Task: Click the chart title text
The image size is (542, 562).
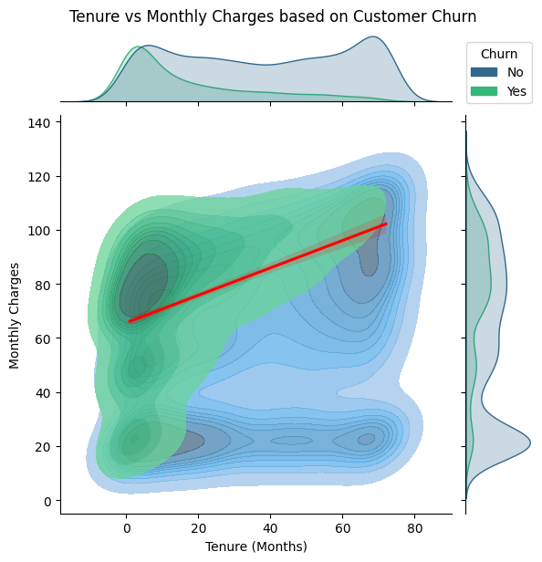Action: tap(273, 16)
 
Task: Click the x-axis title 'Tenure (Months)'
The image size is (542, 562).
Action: tap(256, 546)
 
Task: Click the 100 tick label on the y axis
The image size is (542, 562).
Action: tap(40, 230)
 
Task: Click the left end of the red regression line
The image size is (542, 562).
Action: tap(130, 321)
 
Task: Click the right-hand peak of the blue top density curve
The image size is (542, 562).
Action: tap(373, 37)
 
